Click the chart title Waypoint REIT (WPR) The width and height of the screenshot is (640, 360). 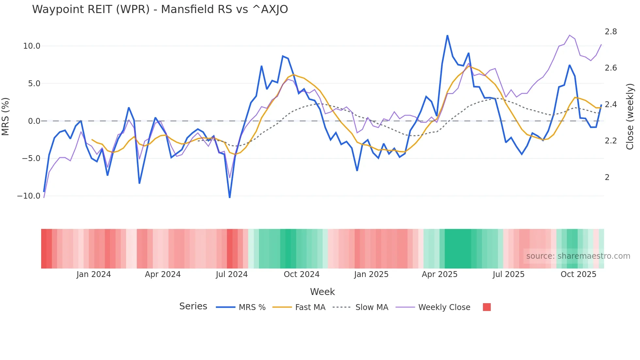coord(160,9)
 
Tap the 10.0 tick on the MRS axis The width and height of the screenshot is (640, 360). coord(32,46)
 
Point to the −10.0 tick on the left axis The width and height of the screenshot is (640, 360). coord(29,196)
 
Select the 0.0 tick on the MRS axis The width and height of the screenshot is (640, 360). coord(34,121)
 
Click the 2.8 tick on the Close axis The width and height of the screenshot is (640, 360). coord(611,32)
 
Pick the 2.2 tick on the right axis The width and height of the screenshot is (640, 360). coord(611,141)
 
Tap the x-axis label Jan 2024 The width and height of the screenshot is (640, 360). coord(94,274)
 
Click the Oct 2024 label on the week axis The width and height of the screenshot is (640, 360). coord(301,274)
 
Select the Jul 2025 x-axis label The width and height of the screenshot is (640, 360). coord(508,274)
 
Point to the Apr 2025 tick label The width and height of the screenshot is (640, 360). coord(440,274)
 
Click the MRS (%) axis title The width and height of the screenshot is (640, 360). coord(6,116)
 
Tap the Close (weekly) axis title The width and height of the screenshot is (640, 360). coord(630,116)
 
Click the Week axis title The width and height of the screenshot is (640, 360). coord(322,292)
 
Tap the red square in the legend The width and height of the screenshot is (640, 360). coord(487,307)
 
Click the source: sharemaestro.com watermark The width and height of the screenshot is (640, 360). coord(578,256)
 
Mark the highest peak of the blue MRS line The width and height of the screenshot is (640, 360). coord(447,35)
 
